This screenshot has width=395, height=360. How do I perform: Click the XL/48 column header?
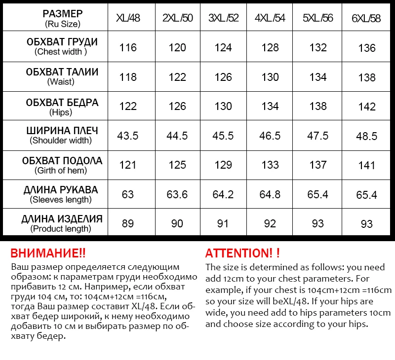pos(128,18)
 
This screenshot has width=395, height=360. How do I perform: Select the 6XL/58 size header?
pos(366,19)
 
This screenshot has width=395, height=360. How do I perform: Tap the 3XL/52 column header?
pos(223,18)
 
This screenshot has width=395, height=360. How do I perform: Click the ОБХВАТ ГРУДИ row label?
pos(62,42)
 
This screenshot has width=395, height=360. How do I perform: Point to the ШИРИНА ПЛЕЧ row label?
pos(62,131)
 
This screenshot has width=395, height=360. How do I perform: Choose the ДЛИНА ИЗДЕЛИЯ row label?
pos(62,219)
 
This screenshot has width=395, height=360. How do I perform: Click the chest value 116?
pos(128,47)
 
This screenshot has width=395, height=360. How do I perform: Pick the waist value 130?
pos(270,77)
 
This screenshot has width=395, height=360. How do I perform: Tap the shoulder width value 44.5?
pos(177,136)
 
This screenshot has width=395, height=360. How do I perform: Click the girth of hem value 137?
pos(318,165)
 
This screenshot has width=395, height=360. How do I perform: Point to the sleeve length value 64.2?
pos(223,194)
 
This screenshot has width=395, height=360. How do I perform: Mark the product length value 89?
pos(128,223)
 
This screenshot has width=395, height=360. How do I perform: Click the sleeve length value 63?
pos(128,194)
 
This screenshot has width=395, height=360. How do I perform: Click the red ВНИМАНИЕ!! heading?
pos(48,253)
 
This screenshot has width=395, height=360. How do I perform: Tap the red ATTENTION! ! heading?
pos(242,253)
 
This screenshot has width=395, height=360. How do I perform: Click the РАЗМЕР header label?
pos(63,13)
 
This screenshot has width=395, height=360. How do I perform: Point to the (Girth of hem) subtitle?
pos(61,171)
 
